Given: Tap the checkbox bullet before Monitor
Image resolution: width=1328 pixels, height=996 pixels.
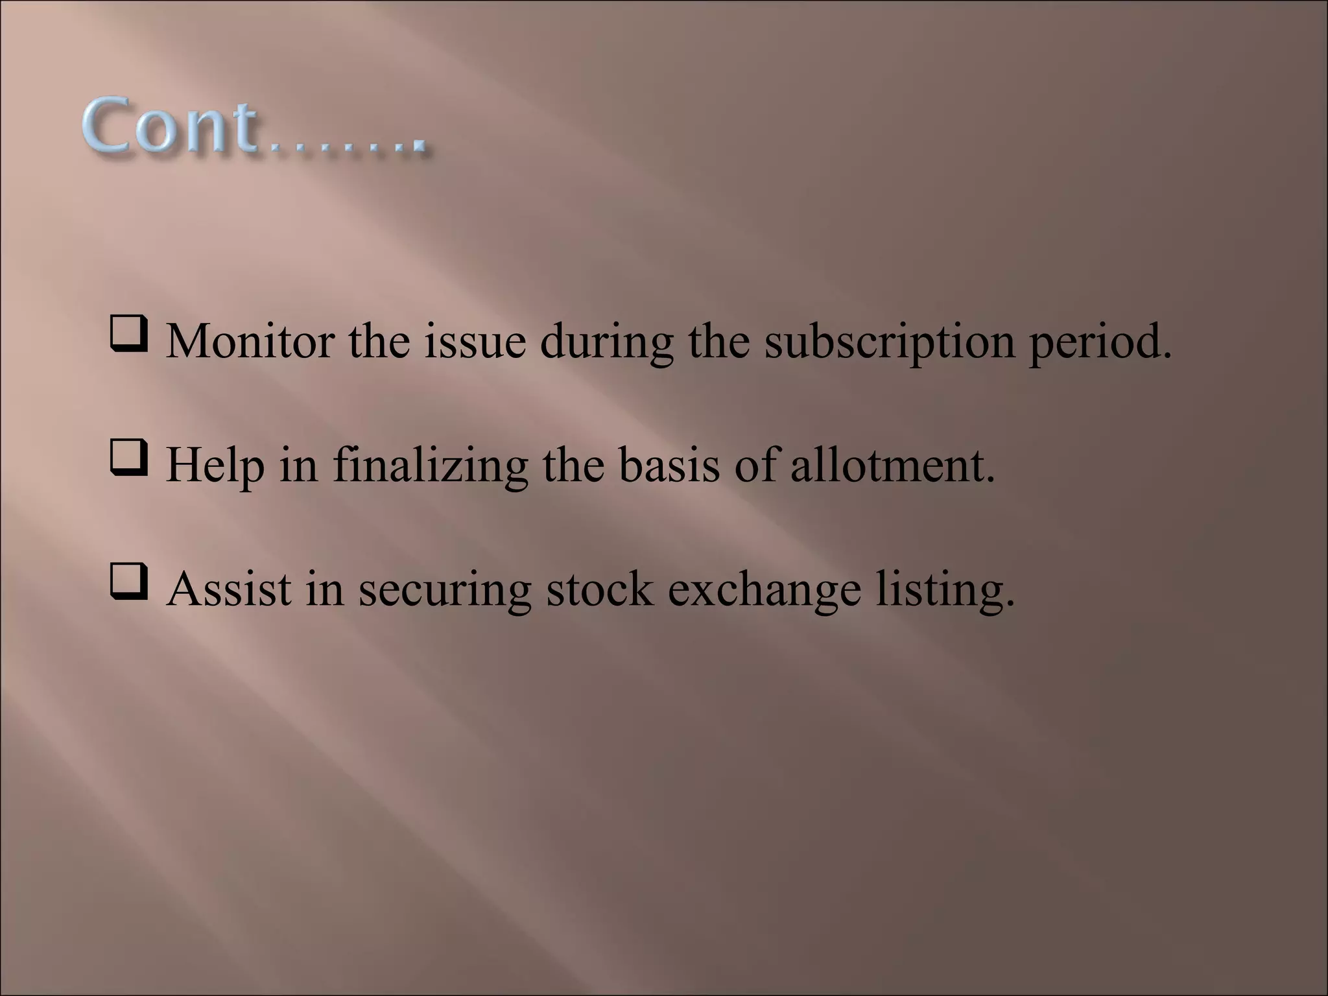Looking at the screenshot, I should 128,335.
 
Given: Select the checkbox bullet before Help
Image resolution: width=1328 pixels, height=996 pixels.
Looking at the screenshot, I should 128,459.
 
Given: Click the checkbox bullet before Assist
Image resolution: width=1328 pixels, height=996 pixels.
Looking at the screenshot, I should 128,583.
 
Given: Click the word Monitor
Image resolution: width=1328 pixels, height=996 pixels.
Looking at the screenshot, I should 250,341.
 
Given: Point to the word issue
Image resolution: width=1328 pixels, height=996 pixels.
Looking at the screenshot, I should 475,341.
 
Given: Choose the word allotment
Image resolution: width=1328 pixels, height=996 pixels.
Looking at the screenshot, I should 892,466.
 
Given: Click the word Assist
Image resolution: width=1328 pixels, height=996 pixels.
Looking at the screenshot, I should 229,589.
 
